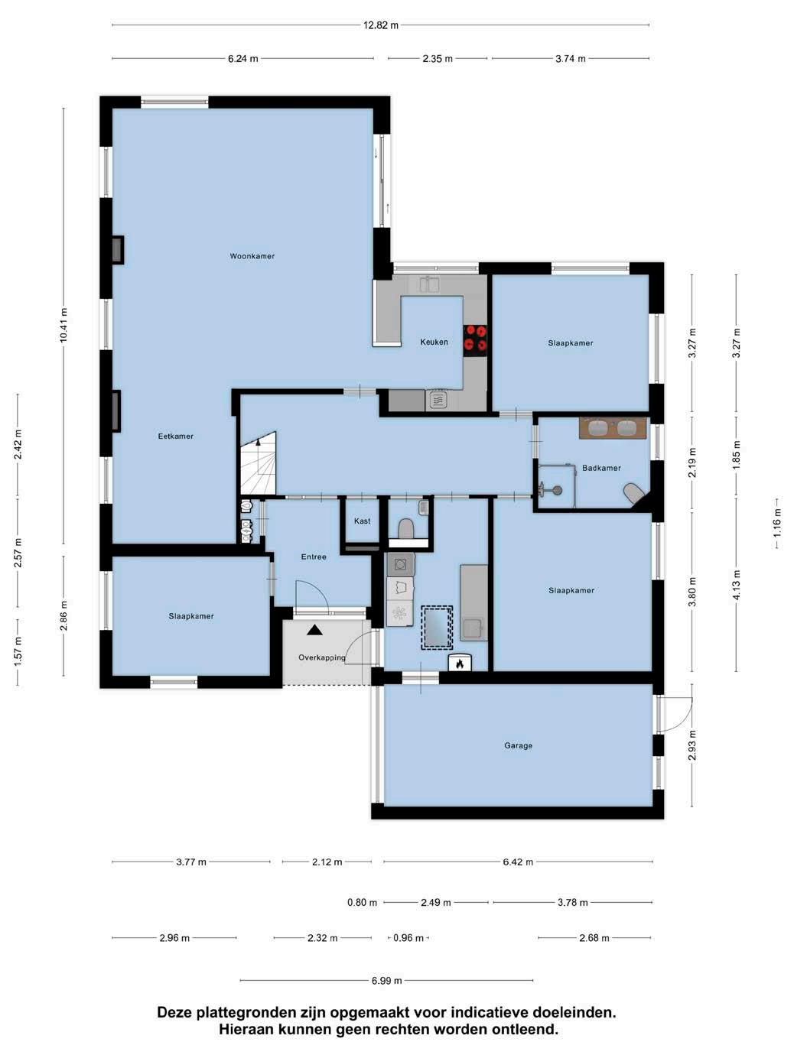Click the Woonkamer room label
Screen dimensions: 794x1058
[252, 256]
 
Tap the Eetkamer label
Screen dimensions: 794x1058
[175, 437]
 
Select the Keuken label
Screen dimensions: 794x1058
[434, 342]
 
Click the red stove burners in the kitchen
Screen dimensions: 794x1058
[475, 338]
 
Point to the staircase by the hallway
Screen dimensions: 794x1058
[259, 463]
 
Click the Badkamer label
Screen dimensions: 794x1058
[601, 468]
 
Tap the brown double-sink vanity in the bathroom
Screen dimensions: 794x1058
[612, 427]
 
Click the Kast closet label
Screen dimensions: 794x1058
[362, 521]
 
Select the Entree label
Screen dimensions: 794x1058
[314, 557]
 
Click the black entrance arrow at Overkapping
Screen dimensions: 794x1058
[315, 630]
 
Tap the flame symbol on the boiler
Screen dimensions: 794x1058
[460, 664]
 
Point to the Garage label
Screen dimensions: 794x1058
[519, 745]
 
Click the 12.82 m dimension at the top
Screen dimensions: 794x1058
[381, 25]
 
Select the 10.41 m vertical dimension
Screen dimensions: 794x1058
[63, 325]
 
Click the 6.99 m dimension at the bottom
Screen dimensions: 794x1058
[386, 980]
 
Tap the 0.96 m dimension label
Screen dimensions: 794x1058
[408, 938]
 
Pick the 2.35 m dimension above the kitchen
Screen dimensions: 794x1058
[438, 59]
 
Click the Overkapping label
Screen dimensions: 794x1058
[321, 657]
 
